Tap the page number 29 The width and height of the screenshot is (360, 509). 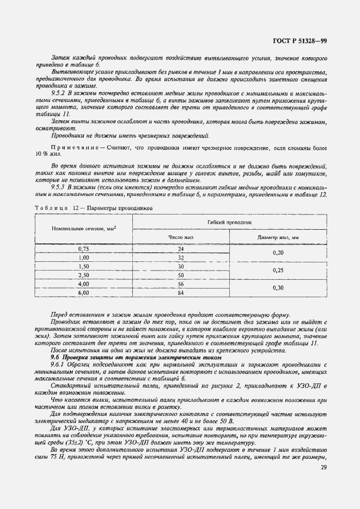pyautogui.click(x=324, y=468)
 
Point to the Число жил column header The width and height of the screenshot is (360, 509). pyautogui.click(x=181, y=237)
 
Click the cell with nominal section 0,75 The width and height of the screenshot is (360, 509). pyautogui.click(x=83, y=249)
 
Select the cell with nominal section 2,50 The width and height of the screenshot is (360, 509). pyautogui.click(x=83, y=275)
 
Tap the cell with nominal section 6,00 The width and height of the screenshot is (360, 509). pyautogui.click(x=83, y=293)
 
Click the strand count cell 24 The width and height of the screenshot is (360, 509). pyautogui.click(x=181, y=249)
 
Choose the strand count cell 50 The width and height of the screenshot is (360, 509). pyautogui.click(x=181, y=275)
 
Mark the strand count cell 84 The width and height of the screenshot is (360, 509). pyautogui.click(x=181, y=293)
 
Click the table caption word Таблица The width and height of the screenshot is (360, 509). pyautogui.click(x=50, y=208)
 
